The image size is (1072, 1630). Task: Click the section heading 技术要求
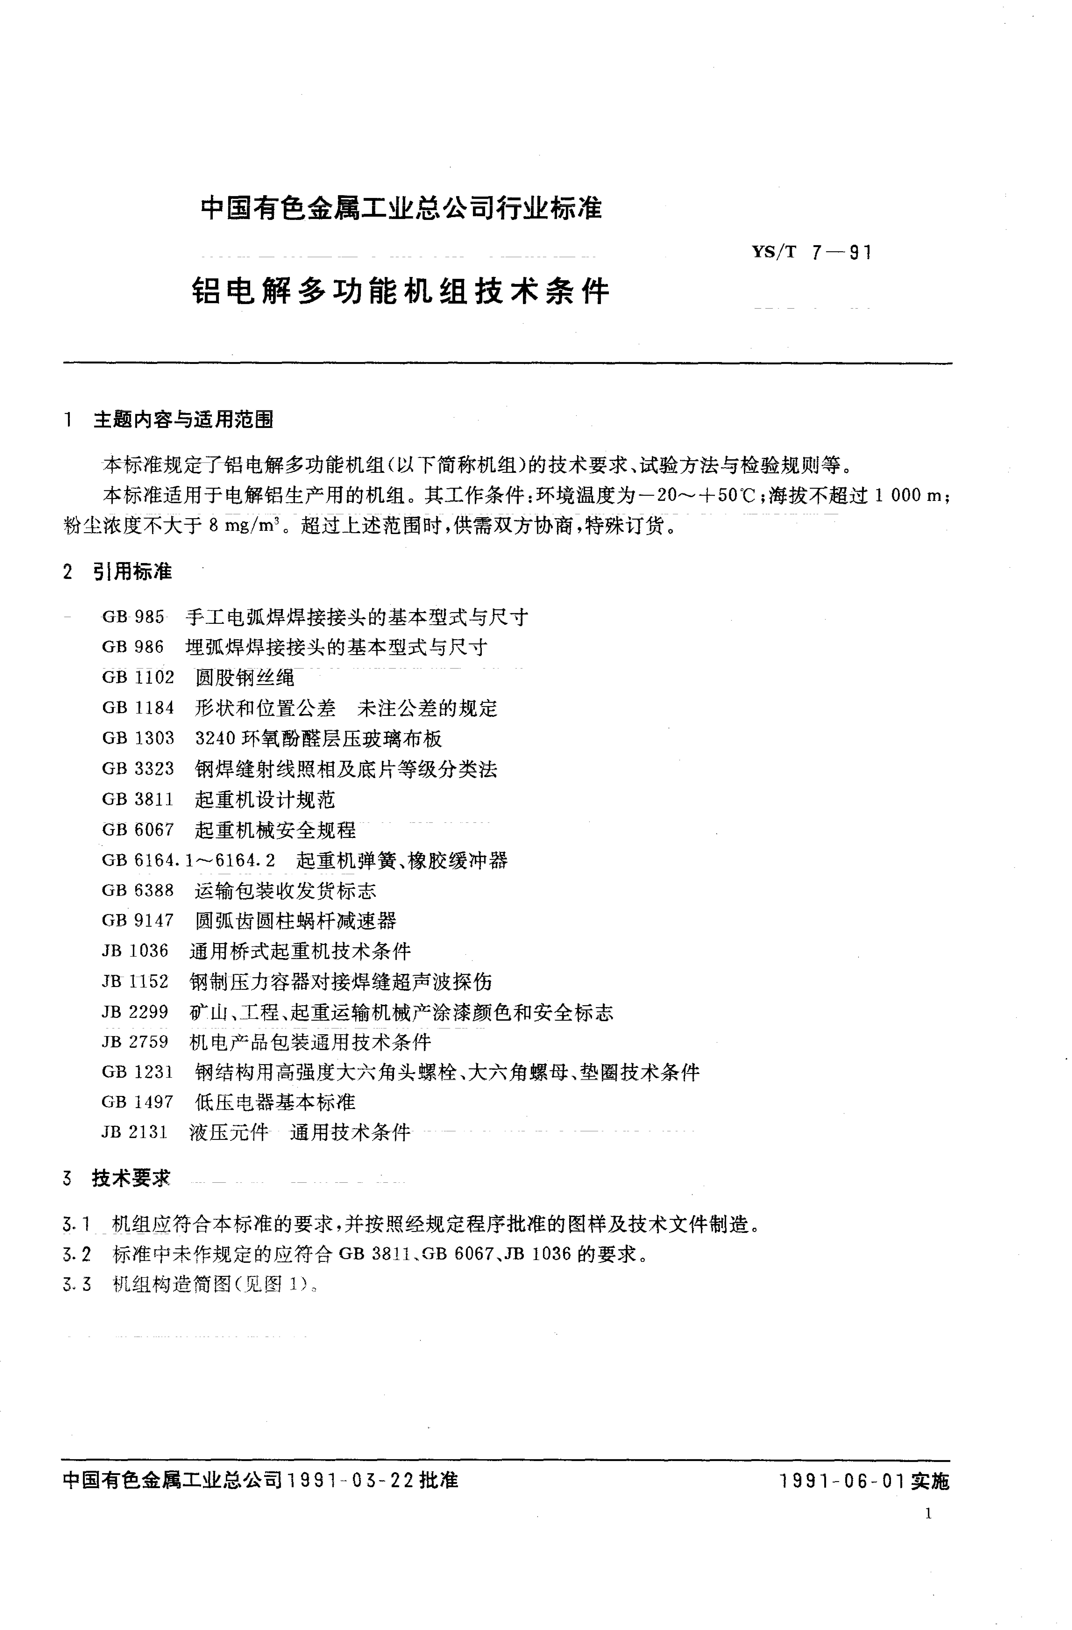[131, 1178]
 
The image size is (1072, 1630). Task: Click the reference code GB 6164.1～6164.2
[188, 860]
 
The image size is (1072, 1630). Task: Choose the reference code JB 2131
[135, 1133]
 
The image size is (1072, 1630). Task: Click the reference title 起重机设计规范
[265, 799]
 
